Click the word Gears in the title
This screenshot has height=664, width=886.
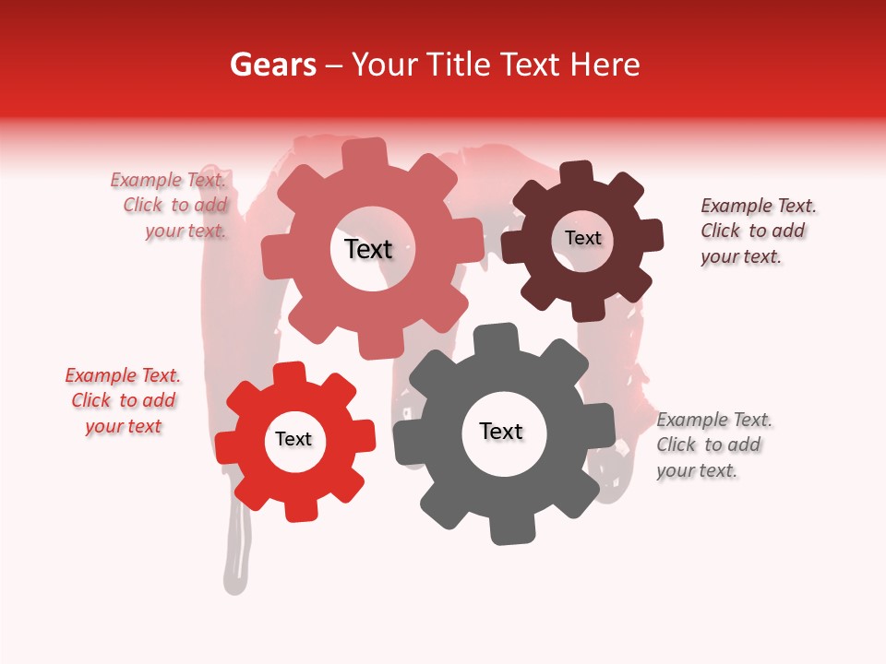pos(271,65)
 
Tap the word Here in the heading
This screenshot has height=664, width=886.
pos(605,65)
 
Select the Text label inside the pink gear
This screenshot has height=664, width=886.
pos(368,249)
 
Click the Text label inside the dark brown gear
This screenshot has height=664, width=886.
pos(582,238)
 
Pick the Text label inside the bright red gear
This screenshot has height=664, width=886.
pos(293,439)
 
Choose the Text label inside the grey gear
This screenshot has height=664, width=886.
pos(501,431)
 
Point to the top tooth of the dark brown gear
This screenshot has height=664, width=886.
pos(578,173)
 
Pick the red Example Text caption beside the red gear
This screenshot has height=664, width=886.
pos(123,400)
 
